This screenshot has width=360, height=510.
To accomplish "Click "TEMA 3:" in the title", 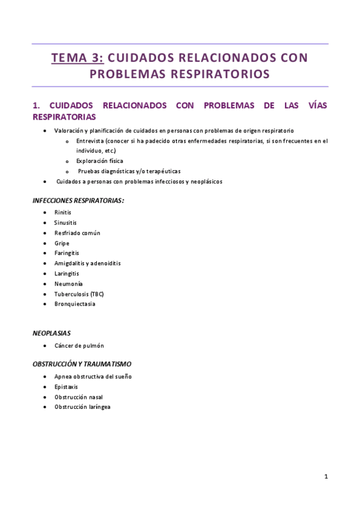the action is pyautogui.click(x=78, y=58).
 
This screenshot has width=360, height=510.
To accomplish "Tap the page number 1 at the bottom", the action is pyautogui.click(x=326, y=477).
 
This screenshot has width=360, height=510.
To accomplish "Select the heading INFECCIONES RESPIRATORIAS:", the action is pyautogui.click(x=79, y=200).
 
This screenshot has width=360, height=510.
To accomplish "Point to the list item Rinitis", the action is pyautogui.click(x=63, y=212).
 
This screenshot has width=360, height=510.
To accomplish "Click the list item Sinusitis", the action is pyautogui.click(x=66, y=223).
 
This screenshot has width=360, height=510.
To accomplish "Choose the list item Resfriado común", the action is pyautogui.click(x=77, y=233).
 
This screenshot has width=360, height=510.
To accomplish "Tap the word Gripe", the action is pyautogui.click(x=62, y=243).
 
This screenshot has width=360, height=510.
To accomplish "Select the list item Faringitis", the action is pyautogui.click(x=67, y=253).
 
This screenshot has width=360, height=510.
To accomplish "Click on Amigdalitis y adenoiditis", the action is pyautogui.click(x=87, y=263).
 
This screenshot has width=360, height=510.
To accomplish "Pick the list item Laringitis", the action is pyautogui.click(x=67, y=274).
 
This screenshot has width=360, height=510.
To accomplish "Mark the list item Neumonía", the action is pyautogui.click(x=69, y=284).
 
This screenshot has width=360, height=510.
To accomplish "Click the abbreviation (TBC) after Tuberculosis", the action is pyautogui.click(x=97, y=294).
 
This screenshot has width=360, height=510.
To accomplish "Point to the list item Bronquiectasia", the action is pyautogui.click(x=75, y=304).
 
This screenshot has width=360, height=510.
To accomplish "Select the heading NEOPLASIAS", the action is pyautogui.click(x=52, y=332).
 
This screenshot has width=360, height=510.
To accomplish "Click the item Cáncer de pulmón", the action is pyautogui.click(x=79, y=346).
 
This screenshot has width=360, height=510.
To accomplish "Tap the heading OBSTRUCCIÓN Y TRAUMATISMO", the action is pyautogui.click(x=82, y=364).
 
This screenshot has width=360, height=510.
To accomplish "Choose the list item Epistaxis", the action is pyautogui.click(x=66, y=387).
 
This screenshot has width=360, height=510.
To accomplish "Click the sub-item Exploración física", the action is pyautogui.click(x=100, y=161).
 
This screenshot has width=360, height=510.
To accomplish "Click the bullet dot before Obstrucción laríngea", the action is pyautogui.click(x=46, y=407).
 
